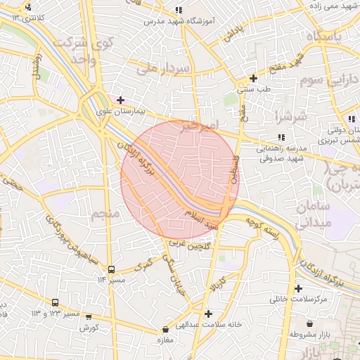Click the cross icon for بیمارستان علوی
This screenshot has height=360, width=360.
121,100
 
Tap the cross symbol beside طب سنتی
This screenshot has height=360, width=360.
253,78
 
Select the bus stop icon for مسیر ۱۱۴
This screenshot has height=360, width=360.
112,269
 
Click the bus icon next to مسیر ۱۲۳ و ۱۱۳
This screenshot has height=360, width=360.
55,302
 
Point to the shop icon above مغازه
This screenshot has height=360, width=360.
165,329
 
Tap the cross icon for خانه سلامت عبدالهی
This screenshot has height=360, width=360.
207,314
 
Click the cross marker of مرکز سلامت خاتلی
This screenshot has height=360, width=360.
299,288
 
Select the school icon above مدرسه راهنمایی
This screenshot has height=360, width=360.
281,137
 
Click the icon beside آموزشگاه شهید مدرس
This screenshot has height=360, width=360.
179,11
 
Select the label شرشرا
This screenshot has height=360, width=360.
289,115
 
